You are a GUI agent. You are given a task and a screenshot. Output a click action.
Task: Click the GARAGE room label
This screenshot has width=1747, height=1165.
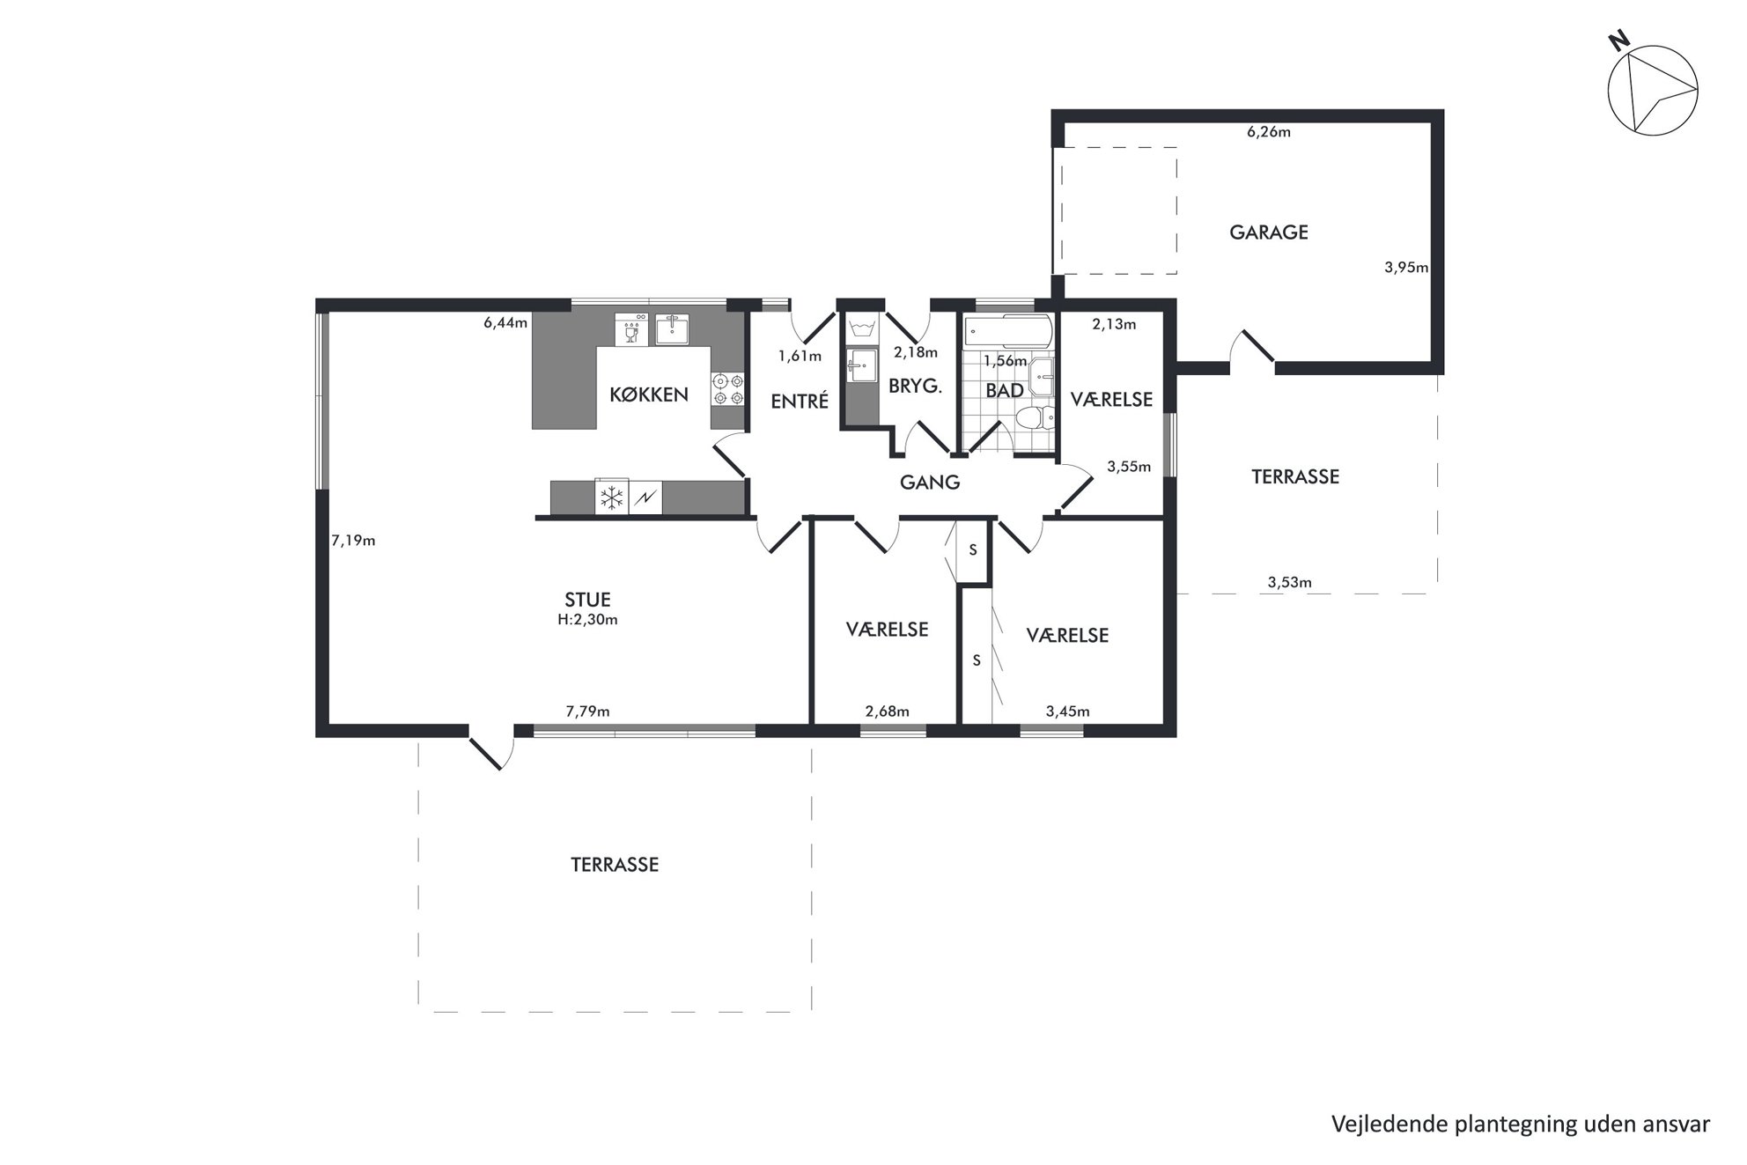tap(1268, 232)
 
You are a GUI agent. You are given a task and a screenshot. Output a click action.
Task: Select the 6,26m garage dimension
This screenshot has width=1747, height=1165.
tap(1268, 132)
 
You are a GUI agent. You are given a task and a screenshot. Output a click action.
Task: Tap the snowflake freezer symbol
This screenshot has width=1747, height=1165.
tap(611, 498)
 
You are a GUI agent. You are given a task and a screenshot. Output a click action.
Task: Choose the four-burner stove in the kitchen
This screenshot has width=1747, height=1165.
tap(728, 389)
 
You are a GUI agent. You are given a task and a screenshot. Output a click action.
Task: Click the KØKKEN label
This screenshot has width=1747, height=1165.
tap(649, 394)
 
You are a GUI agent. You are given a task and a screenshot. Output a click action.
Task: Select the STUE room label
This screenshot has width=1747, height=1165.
tap(587, 600)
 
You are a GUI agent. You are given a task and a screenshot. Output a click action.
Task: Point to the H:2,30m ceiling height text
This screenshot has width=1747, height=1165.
tap(587, 619)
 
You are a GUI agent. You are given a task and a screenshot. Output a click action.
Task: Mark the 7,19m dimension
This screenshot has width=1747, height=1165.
tap(353, 541)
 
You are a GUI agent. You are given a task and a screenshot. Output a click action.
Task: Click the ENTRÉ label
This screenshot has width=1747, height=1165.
tap(800, 402)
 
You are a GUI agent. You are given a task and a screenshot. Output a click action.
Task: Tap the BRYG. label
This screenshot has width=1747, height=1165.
tap(916, 386)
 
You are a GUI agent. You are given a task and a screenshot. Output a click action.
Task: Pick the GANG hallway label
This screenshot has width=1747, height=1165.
tap(930, 483)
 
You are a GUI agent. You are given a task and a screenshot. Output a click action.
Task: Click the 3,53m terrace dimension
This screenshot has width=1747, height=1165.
tap(1289, 582)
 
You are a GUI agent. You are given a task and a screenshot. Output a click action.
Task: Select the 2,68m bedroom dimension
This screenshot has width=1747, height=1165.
tap(887, 712)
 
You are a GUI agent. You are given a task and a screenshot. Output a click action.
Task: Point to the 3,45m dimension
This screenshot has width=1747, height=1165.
tap(1067, 712)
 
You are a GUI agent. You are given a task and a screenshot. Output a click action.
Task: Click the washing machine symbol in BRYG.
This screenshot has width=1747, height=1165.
tap(860, 331)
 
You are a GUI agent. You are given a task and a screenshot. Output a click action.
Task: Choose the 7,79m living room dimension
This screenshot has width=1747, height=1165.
tap(587, 712)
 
